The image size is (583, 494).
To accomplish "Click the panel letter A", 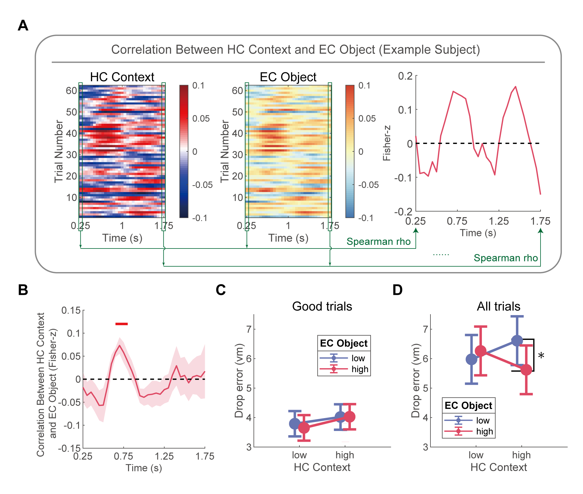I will click(23, 25).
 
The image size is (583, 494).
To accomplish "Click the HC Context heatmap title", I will click(122, 77).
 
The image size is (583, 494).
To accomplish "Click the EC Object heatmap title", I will click(288, 77).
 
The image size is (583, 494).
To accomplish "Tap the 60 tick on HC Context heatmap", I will click(71, 90).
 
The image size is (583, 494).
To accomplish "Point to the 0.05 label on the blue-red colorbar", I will click(201, 119).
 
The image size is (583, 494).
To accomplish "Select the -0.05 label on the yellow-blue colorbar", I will click(368, 185).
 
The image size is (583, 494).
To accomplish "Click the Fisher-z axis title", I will click(387, 143).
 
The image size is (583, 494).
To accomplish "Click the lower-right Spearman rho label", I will click(506, 258).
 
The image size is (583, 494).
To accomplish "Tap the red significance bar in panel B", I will click(121, 324).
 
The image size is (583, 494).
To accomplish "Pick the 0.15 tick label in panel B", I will click(71, 311).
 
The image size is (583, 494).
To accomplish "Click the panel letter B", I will click(23, 290).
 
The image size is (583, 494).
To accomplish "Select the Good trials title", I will click(322, 306).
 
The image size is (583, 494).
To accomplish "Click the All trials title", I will click(498, 306).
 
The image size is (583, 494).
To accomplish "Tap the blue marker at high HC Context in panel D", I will click(517, 340).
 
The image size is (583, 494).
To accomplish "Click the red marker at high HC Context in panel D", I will click(526, 370).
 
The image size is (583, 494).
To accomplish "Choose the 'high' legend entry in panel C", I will click(360, 369).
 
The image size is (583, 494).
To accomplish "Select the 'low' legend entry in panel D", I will click(482, 421).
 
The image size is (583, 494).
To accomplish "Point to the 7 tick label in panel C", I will click(249, 329).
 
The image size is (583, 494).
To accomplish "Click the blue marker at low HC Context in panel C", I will click(295, 424).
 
